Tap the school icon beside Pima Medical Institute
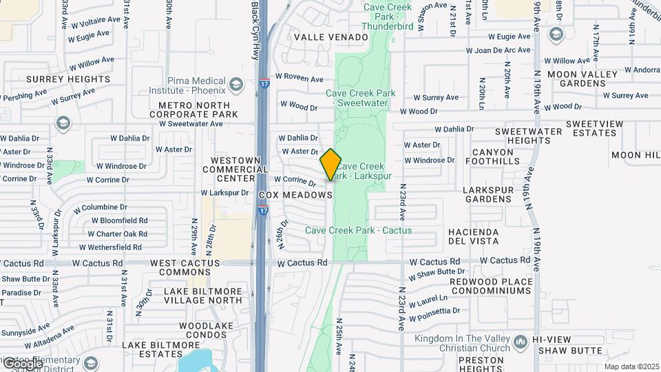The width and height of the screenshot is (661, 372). [236, 85]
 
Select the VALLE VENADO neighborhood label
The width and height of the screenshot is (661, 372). [323, 37]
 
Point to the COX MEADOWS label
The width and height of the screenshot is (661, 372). [295, 196]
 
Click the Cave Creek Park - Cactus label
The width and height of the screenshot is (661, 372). [358, 230]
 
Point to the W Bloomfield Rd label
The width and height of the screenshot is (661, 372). [119, 221]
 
